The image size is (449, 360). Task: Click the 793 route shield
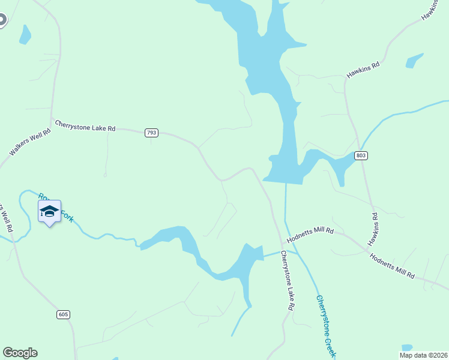pos(151,133)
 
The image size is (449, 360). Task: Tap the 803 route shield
pos(360,155)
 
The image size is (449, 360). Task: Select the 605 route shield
pos(64,314)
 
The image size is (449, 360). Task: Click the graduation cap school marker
pos(49,212)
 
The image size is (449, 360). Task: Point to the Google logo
pos(20,353)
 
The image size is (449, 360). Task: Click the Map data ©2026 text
pos(423,355)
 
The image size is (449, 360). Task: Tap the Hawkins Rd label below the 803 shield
pos(373,229)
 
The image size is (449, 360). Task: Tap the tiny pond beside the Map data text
pos(406,347)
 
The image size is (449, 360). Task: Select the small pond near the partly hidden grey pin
pos(25,35)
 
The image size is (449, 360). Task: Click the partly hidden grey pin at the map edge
pos(2,20)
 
